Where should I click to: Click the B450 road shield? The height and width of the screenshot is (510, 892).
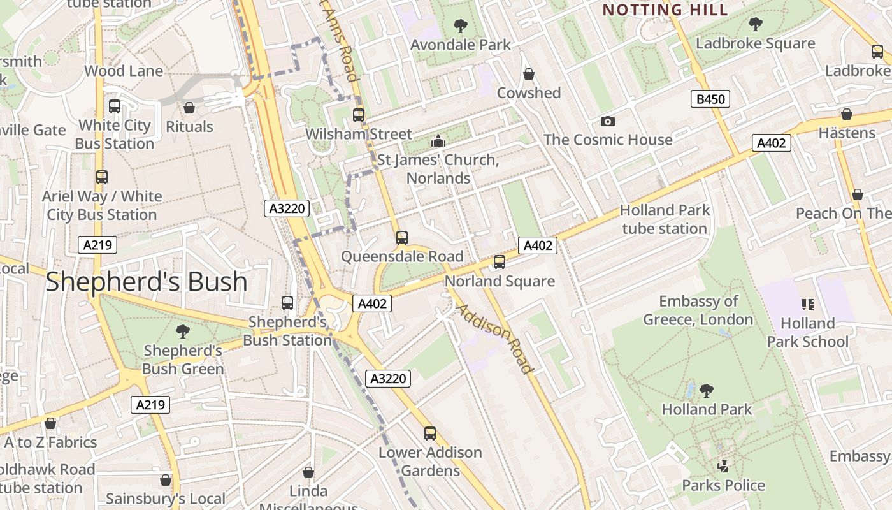click(710, 99)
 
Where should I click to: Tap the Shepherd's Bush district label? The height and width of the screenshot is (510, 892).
click(146, 282)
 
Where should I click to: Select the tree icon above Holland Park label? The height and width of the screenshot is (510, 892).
click(706, 390)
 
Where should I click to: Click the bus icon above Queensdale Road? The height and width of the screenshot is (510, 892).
click(401, 238)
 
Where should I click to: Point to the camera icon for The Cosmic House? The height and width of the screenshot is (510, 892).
click(608, 121)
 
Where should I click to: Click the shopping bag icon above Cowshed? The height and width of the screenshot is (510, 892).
click(528, 74)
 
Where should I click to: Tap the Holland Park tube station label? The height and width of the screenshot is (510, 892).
click(665, 219)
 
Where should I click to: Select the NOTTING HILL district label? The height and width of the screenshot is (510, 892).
click(665, 10)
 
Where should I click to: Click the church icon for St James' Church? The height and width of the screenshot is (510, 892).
click(438, 141)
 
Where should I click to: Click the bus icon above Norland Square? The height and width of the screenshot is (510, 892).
click(500, 262)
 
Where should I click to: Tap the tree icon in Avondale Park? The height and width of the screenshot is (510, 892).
click(460, 26)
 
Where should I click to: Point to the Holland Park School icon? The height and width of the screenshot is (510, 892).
click(808, 305)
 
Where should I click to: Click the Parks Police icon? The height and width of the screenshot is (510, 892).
click(723, 467)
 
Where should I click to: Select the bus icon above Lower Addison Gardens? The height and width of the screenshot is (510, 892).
click(430, 433)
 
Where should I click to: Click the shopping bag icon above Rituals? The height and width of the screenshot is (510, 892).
click(189, 108)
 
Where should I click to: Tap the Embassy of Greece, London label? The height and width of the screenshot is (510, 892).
click(698, 310)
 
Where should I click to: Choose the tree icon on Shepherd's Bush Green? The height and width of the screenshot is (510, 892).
click(183, 331)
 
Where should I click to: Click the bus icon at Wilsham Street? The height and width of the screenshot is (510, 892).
click(359, 115)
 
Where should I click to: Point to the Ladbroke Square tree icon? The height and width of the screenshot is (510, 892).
click(755, 25)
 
